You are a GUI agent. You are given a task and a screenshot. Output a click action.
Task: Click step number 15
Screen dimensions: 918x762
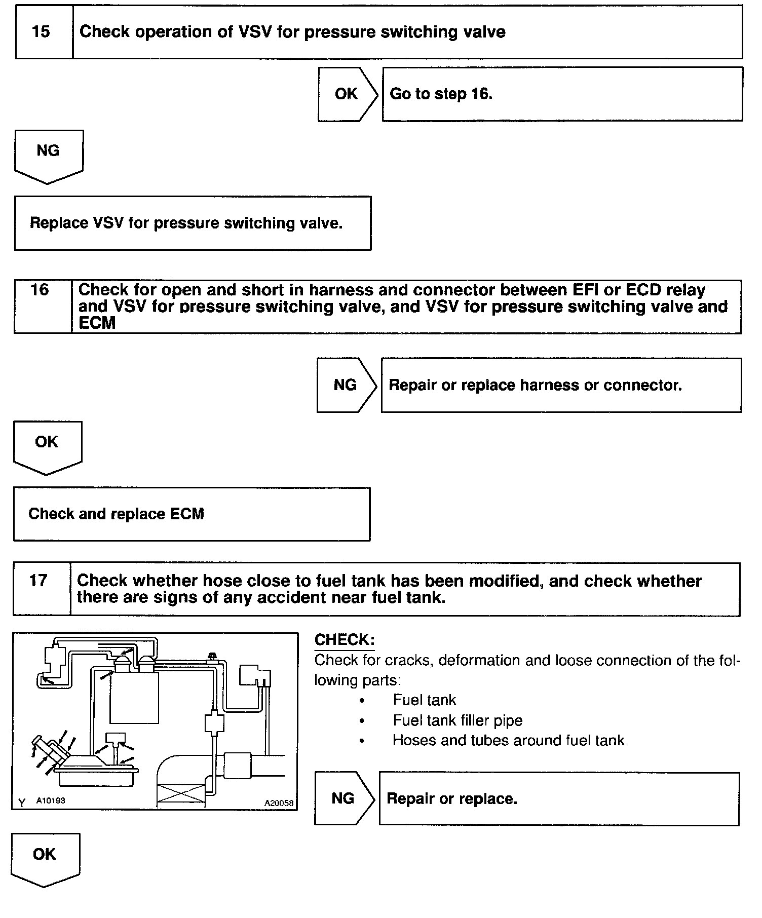point(41,32)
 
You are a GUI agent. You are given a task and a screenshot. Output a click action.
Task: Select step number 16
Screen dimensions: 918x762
point(40,290)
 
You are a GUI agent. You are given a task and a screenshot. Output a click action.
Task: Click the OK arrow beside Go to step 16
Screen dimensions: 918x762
point(347,94)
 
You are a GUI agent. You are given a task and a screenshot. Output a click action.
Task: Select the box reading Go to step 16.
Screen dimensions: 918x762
point(562,94)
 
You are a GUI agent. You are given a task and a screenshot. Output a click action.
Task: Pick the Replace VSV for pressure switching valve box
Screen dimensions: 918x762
point(193,223)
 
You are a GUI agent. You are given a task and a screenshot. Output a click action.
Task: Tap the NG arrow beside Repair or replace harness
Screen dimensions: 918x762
point(346,385)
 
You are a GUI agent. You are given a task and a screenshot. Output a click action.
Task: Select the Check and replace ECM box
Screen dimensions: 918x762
point(192,514)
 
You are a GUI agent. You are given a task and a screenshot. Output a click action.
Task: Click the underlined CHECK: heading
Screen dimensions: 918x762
point(345,640)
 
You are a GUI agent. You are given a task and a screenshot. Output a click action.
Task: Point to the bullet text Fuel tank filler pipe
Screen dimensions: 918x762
point(457,720)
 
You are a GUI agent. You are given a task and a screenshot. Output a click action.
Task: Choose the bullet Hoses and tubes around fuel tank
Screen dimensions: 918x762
point(508,740)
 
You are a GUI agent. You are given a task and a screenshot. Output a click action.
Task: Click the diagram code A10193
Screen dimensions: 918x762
point(51,800)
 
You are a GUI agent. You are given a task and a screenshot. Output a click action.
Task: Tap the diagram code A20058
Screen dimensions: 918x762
point(279,802)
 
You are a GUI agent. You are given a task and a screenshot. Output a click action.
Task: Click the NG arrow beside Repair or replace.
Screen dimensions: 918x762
point(344,798)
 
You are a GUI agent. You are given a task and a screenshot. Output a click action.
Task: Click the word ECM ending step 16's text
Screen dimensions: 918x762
point(97,323)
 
